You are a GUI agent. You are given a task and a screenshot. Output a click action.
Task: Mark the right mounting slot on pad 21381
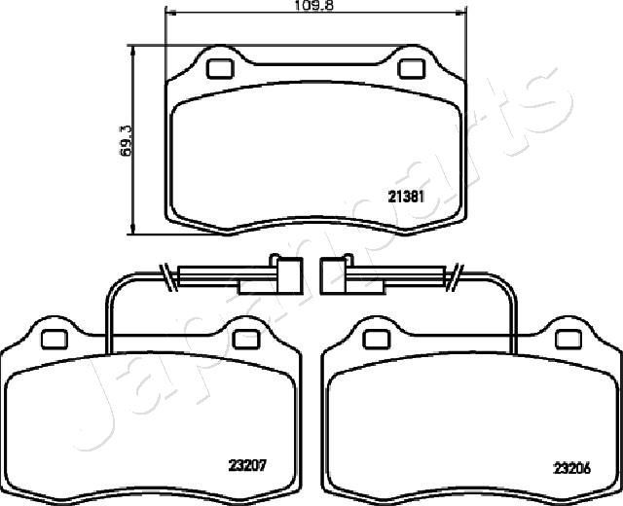(412, 68)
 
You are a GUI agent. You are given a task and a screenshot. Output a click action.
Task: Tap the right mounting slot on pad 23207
(244, 338)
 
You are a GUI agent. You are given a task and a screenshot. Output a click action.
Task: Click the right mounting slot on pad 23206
(567, 338)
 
